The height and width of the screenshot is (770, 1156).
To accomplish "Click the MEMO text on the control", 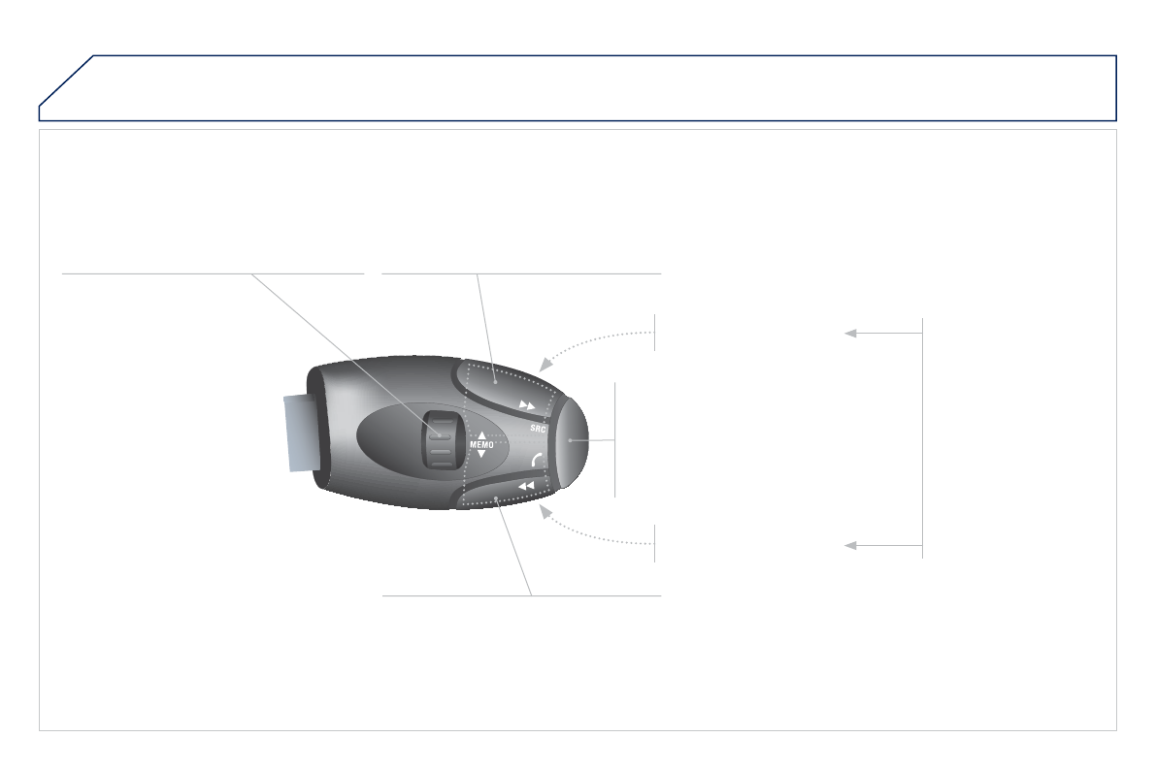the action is tap(481, 445).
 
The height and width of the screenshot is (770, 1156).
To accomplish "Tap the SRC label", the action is tap(538, 428).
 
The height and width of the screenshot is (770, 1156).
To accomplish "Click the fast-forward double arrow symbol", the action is tap(527, 405).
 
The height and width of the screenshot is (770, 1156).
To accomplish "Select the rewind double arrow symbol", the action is tap(526, 486).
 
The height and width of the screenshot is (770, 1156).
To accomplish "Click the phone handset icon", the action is tap(537, 460).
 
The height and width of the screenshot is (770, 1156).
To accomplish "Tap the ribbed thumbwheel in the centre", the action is tap(440, 440).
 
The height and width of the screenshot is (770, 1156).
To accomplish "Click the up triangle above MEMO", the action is tap(482, 435).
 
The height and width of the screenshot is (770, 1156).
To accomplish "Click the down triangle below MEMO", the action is tap(482, 454).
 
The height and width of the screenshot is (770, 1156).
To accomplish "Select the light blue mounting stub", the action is tap(301, 432).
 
